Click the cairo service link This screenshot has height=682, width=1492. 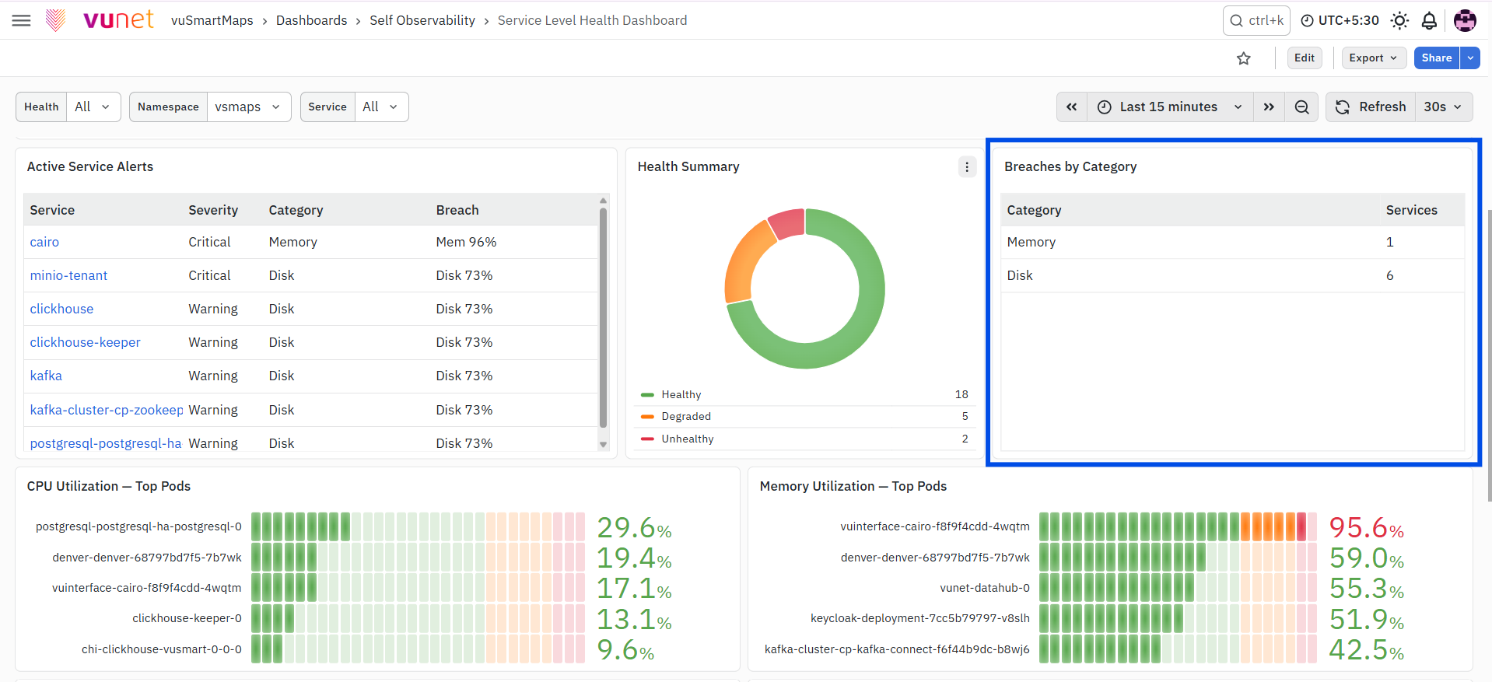(44, 242)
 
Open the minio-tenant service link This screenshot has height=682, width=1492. (68, 275)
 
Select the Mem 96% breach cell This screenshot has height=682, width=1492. (466, 242)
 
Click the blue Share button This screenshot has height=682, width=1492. (1437, 58)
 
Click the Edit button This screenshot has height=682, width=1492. (1305, 58)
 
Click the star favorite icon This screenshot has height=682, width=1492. (1244, 58)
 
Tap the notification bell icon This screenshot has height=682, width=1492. (1429, 20)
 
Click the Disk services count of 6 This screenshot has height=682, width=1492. (1390, 275)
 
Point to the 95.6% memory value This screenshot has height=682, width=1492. (1366, 527)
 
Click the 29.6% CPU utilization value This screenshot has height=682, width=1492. (634, 527)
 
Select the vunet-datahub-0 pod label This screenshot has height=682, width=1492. (984, 588)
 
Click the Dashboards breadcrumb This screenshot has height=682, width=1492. (311, 20)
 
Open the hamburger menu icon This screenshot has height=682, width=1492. (22, 20)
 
